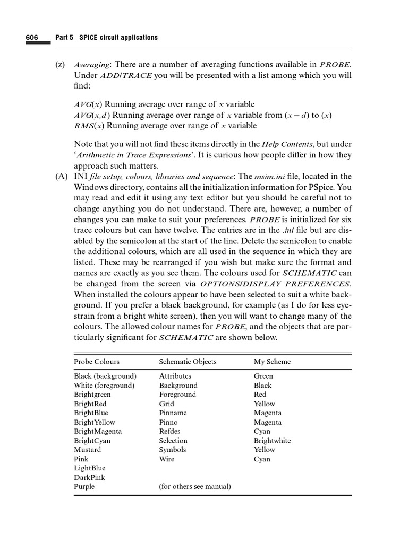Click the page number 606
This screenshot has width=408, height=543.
point(31,38)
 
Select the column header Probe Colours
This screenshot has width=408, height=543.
point(96,362)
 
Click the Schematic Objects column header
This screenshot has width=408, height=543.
point(188,362)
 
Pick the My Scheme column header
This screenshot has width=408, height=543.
point(272,362)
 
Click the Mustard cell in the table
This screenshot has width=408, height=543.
point(87,450)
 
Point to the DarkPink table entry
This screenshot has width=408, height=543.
point(89,477)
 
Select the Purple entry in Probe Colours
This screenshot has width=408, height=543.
point(84,486)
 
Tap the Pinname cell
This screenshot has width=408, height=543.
point(173,413)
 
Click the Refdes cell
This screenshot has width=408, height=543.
point(169,431)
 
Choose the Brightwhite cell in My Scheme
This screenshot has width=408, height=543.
point(272,441)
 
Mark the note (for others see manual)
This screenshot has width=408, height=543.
point(195,486)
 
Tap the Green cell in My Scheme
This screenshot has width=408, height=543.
point(263,376)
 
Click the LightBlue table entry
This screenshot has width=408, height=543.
point(90,468)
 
